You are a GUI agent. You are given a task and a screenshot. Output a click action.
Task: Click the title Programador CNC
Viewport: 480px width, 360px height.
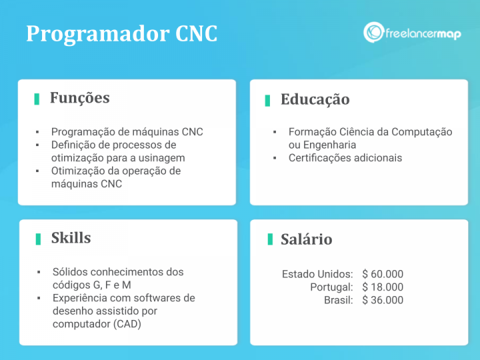pyautogui.click(x=121, y=34)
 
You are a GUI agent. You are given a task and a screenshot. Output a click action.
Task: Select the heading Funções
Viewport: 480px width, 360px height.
pyautogui.click(x=79, y=98)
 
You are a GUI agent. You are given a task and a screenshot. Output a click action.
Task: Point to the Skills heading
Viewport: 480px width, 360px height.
pyautogui.click(x=71, y=238)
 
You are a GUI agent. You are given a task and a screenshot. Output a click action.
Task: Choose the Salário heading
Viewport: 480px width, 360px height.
pyautogui.click(x=306, y=239)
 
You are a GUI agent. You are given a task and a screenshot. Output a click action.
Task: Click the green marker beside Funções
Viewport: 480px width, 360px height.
pyautogui.click(x=37, y=99)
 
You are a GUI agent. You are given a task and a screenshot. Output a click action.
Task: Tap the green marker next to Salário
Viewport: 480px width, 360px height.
pyautogui.click(x=269, y=239)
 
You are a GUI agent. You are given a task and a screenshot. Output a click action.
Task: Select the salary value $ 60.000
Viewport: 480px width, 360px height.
pyautogui.click(x=383, y=274)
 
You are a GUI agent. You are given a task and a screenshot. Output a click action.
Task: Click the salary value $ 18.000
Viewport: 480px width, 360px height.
pyautogui.click(x=383, y=287)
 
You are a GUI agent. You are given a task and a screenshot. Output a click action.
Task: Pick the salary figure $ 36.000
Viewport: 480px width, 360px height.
pyautogui.click(x=383, y=300)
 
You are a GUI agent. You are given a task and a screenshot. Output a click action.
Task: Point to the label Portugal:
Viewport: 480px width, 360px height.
pyautogui.click(x=331, y=287)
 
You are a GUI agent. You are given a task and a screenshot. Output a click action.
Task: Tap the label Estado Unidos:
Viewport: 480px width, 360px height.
pyautogui.click(x=317, y=274)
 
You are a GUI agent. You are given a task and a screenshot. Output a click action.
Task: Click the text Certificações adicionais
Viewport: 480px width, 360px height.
pyautogui.click(x=345, y=158)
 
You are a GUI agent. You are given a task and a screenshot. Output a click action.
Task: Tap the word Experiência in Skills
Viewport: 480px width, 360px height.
pyautogui.click(x=80, y=298)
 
